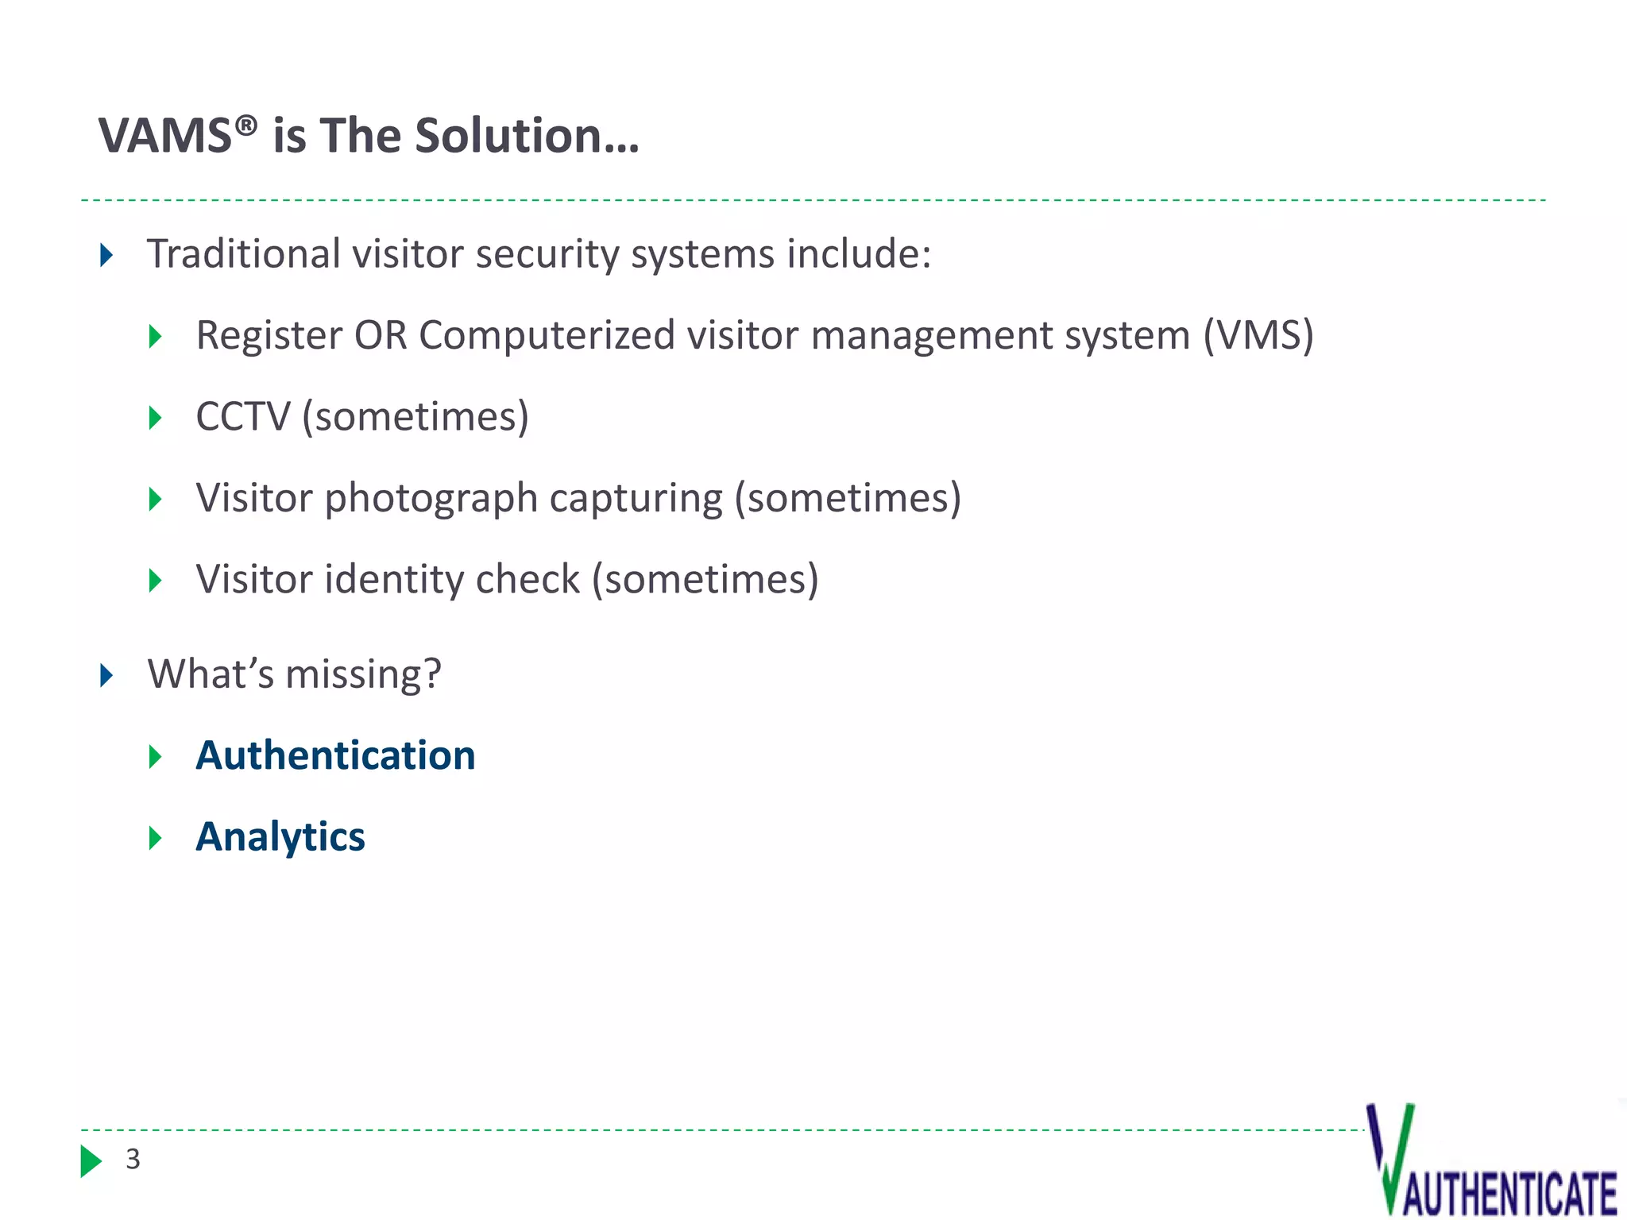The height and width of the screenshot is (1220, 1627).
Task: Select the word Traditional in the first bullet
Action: [x=243, y=254]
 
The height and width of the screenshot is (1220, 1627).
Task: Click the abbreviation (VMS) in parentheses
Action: [x=1258, y=335]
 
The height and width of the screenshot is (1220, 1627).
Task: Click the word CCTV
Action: [x=243, y=417]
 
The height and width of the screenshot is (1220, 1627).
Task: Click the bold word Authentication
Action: [x=335, y=755]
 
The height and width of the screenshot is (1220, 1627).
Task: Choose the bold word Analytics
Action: [x=280, y=837]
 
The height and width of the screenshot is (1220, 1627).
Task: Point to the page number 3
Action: [x=133, y=1160]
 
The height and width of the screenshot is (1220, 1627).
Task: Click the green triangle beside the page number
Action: [x=91, y=1161]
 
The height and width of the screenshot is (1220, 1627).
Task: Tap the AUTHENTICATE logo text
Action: [x=1509, y=1193]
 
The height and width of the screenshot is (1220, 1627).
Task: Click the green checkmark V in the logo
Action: [x=1392, y=1156]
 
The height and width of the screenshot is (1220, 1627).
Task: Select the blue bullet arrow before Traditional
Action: [x=106, y=256]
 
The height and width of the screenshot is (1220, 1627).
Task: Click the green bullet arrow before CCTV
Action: [x=156, y=418]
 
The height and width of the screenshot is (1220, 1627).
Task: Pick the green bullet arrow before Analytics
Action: [x=156, y=838]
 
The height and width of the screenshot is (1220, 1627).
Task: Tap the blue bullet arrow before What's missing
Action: [x=106, y=676]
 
